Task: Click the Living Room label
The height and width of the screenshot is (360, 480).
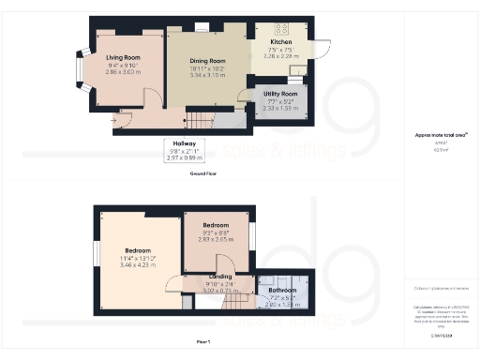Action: [x=123, y=56]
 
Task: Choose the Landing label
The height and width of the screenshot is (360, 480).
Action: [x=221, y=277]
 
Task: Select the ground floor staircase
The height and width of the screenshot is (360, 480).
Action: [x=202, y=119]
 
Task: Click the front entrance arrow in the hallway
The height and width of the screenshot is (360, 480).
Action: [x=116, y=118]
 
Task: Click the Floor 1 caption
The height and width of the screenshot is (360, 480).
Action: [x=202, y=343]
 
